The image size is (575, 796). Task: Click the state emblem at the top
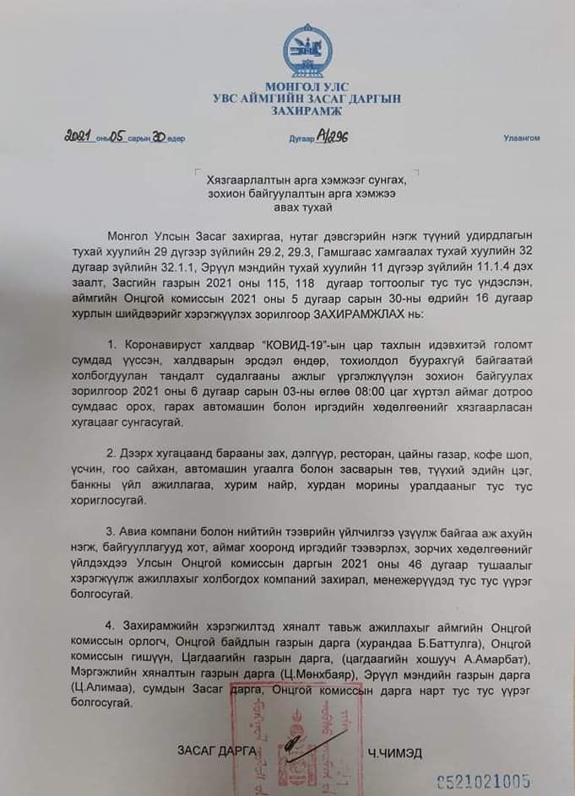pyautogui.click(x=307, y=51)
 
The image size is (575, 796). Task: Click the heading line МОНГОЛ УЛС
pyautogui.click(x=306, y=87)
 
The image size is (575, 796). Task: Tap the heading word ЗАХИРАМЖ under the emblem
pyautogui.click(x=306, y=110)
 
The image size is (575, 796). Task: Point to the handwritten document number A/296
pyautogui.click(x=333, y=136)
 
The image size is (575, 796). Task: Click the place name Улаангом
pyautogui.click(x=521, y=138)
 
